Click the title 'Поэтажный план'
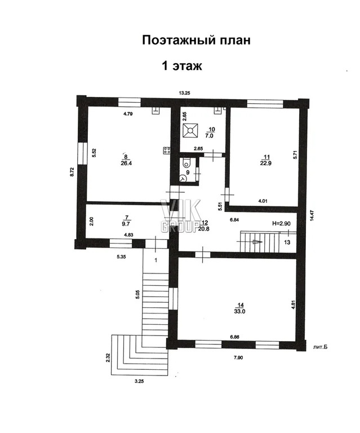196,41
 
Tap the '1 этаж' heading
182,66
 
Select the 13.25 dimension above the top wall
184,93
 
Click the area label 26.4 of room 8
126,163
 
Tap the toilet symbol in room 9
187,162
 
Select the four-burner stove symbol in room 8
166,151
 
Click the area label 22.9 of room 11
266,163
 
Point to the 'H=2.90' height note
281,223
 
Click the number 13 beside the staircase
287,242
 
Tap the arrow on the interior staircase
257,242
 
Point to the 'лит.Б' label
320,347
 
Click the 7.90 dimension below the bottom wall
238,358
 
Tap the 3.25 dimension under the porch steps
140,381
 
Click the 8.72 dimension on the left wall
73,172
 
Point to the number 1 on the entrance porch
156,260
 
